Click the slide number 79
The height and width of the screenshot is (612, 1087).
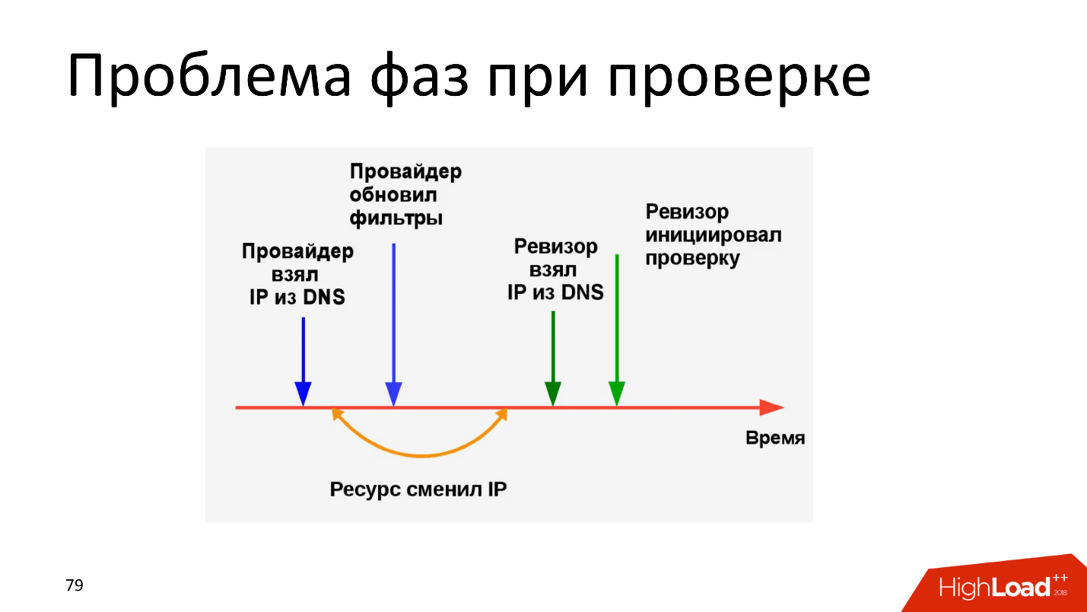click(x=75, y=585)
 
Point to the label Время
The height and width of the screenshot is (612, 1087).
click(x=774, y=438)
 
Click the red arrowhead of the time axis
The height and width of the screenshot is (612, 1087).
click(x=771, y=408)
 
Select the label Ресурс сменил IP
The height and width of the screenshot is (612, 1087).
click(x=418, y=489)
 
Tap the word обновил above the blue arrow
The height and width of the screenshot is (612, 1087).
click(x=393, y=195)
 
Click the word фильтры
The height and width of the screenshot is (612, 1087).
click(x=396, y=218)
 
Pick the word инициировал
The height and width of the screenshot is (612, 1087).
click(x=713, y=234)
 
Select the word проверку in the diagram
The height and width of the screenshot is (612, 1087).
click(x=692, y=258)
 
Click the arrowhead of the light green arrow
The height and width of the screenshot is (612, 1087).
click(x=616, y=393)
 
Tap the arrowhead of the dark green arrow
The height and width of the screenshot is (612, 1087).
click(x=553, y=393)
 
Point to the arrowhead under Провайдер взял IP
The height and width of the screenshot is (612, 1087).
click(x=303, y=393)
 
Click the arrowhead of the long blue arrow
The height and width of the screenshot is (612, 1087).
click(x=393, y=393)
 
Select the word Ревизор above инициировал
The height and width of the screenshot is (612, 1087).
click(x=687, y=211)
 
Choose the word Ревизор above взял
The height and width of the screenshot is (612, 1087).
click(x=555, y=247)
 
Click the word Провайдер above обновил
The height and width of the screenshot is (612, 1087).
click(x=405, y=171)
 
